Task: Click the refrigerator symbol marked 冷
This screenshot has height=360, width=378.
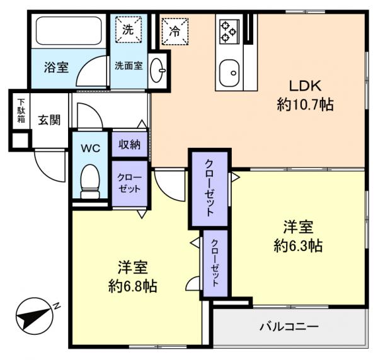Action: tap(173, 29)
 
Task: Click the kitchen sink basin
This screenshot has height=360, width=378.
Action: tap(231, 72)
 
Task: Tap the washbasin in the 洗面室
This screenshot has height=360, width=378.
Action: tap(157, 69)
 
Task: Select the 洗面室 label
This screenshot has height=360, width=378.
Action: tap(128, 65)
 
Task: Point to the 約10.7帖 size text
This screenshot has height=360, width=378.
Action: tap(305, 104)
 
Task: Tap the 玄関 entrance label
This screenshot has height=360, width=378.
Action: tap(48, 120)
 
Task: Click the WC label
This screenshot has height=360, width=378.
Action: tap(91, 149)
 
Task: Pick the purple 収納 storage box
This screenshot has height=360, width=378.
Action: tap(130, 144)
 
